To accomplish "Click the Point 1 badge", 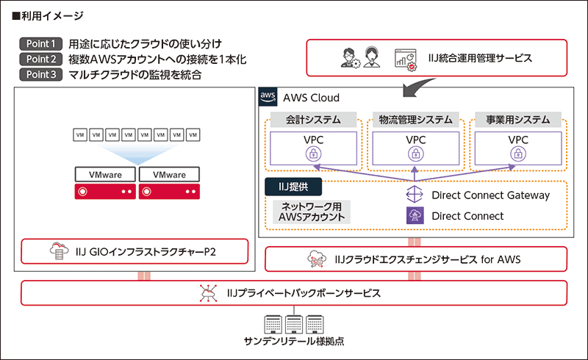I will click(41, 43).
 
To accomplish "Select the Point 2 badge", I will click(41, 59).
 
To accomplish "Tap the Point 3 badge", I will click(41, 74).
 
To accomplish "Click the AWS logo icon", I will click(268, 97).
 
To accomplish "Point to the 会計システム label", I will click(311, 119).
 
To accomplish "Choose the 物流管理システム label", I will click(415, 119).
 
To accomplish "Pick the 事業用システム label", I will click(517, 119).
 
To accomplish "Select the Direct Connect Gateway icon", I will click(415, 195).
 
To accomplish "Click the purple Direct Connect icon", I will click(415, 216).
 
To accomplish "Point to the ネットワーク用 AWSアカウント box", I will click(309, 212).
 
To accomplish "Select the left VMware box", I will click(105, 176).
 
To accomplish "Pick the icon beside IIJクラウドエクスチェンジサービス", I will click(318, 259).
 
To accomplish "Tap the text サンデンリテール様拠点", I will click(294, 344).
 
